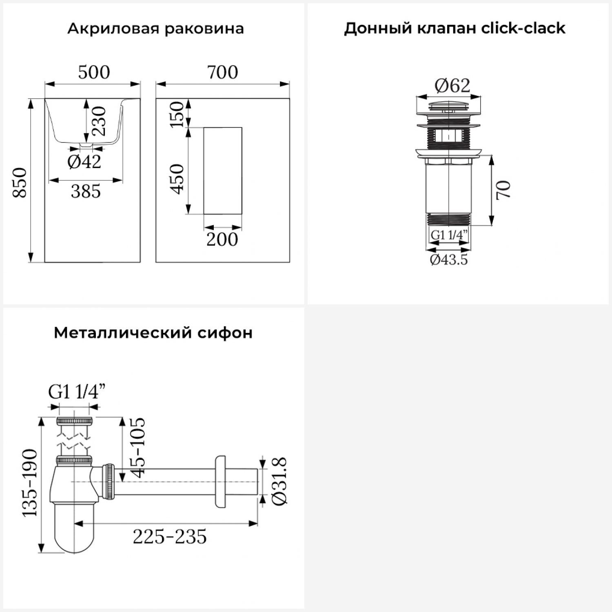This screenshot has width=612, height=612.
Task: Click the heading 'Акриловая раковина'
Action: click(155, 29)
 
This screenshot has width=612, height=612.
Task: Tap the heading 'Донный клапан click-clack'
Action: click(455, 28)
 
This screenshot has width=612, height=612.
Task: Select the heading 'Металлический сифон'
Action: click(153, 333)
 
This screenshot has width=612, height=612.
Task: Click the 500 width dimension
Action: click(94, 72)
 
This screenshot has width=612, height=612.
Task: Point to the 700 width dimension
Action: click(222, 72)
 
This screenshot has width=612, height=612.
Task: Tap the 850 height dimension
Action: click(20, 182)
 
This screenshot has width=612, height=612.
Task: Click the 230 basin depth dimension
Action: click(99, 121)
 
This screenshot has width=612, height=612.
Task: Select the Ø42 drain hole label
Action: click(84, 162)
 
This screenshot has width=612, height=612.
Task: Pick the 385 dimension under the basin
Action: click(86, 191)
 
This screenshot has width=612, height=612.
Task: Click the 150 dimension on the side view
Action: click(177, 115)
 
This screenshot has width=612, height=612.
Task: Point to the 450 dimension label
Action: click(177, 179)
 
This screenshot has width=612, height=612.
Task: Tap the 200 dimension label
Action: click(222, 239)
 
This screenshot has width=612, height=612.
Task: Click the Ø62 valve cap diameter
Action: click(452, 85)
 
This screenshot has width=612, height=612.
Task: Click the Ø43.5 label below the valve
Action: click(449, 259)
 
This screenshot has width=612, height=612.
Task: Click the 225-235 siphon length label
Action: click(170, 537)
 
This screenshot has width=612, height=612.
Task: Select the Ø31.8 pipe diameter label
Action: click(280, 482)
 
